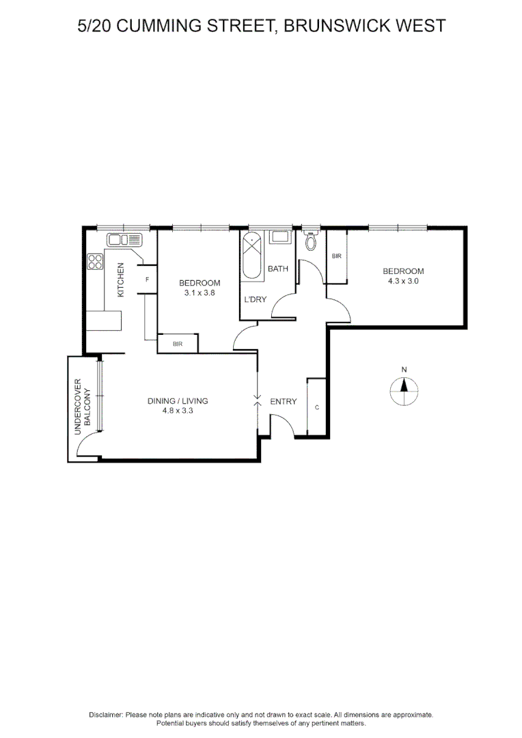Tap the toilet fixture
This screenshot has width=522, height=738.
(312, 241)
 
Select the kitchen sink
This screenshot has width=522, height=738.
(124, 240)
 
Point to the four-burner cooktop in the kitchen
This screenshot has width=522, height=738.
(95, 261)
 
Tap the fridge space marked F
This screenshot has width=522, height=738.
(148, 279)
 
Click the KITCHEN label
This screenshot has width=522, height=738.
(120, 279)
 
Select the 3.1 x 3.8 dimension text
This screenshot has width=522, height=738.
(200, 293)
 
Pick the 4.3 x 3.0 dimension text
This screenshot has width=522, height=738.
(403, 281)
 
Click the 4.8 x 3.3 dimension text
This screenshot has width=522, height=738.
(178, 411)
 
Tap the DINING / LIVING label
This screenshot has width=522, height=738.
(178, 401)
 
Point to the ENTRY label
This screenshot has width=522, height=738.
(284, 401)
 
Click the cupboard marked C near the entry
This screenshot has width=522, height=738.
(317, 407)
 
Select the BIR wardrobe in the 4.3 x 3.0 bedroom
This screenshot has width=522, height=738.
(336, 257)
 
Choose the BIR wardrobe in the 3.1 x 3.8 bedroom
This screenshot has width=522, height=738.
(178, 344)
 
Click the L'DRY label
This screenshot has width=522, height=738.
(256, 299)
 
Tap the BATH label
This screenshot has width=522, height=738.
(278, 269)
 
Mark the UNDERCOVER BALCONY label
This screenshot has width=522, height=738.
(82, 407)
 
